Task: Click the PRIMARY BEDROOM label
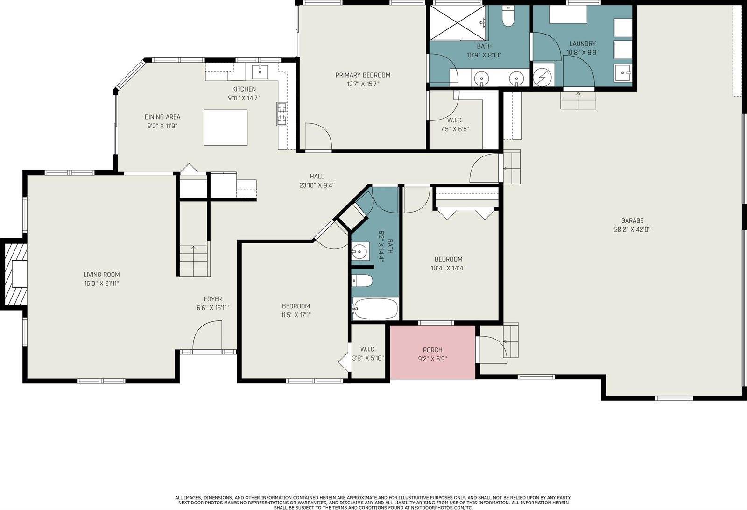[362, 75]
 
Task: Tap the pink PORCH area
[432, 352]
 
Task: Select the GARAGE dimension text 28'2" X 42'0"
[632, 230]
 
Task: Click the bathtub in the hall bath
[375, 309]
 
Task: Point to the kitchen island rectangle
[226, 127]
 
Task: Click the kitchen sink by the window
[260, 72]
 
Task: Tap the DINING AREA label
[162, 117]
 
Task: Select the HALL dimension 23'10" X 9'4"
[317, 185]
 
